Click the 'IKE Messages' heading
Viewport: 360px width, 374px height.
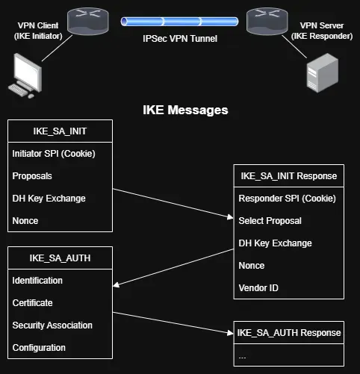[x=185, y=110]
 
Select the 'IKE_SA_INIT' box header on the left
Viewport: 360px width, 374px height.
[x=60, y=131]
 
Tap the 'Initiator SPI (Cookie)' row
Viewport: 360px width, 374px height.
[x=53, y=154]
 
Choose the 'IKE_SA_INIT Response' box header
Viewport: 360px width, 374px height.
[x=288, y=176]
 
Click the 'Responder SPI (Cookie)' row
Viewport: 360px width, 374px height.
[x=287, y=199]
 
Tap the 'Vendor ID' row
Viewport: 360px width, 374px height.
[x=258, y=287]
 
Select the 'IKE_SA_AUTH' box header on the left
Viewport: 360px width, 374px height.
[x=60, y=258]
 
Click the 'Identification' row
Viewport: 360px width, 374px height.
[x=38, y=281]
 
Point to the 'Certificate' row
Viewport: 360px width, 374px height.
[x=34, y=303]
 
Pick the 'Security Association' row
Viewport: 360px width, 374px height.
[x=52, y=325]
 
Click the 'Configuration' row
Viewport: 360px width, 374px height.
[x=39, y=347]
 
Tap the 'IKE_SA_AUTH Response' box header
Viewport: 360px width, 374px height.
[x=288, y=332]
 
